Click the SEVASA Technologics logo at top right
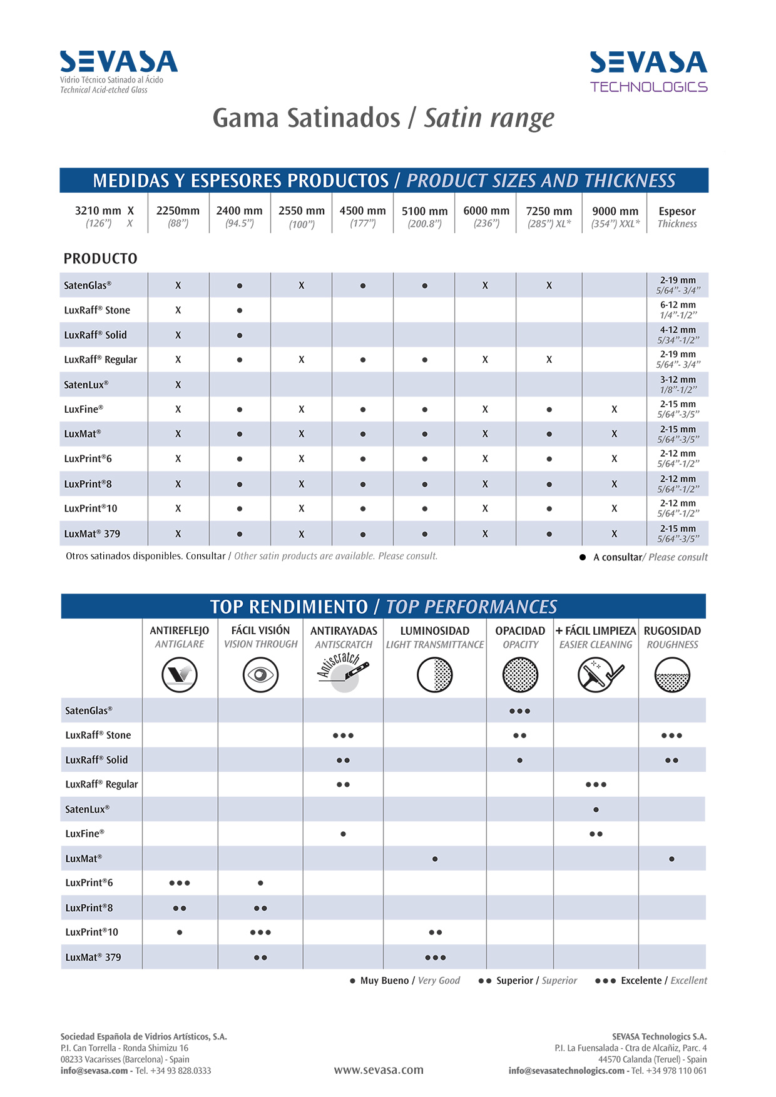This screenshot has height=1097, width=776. tap(648, 71)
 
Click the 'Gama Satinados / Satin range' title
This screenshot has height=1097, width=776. tap(383, 118)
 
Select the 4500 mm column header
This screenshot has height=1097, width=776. tap(362, 216)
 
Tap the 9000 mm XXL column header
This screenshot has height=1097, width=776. tap(615, 216)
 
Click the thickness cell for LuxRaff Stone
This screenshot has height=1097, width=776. tap(678, 310)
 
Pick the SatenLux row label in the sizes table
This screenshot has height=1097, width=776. tap(86, 385)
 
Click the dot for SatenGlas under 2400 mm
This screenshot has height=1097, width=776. tap(240, 286)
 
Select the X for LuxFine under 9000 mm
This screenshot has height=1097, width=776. tap(615, 410)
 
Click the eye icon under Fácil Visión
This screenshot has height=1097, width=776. tap(260, 675)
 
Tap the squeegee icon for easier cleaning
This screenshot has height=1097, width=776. tap(597, 675)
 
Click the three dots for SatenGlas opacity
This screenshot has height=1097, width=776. tap(519, 711)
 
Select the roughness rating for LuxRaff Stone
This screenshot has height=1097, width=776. tap(671, 736)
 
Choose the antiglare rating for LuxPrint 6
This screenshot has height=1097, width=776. tap(180, 883)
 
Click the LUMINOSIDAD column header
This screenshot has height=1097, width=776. tap(434, 631)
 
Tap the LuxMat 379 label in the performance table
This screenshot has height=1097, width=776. tap(93, 957)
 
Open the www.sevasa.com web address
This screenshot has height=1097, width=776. tap(379, 1070)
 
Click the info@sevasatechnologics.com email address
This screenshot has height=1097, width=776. tap(566, 1071)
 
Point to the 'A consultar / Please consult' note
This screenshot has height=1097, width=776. tap(650, 557)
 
